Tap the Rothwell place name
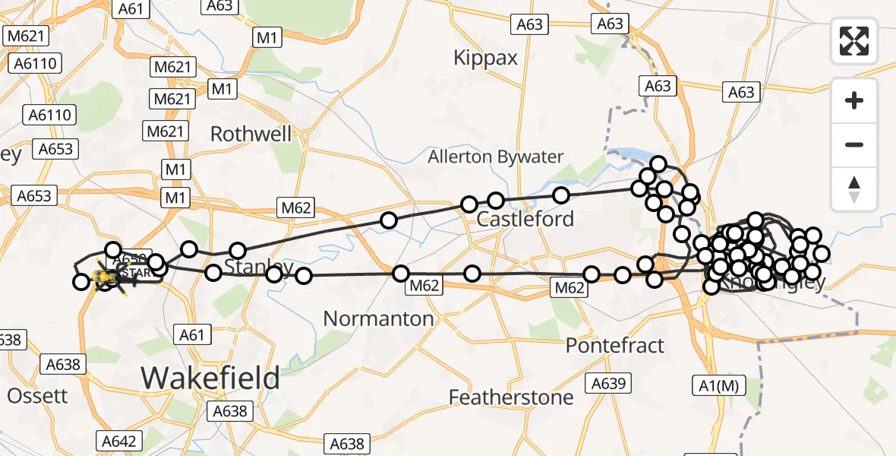click(251, 135)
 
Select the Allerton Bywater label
click(496, 157)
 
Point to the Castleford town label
click(525, 220)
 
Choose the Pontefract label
click(615, 345)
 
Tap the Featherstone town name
click(511, 397)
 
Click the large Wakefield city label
click(210, 377)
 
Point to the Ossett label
click(37, 396)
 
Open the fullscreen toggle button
click(854, 41)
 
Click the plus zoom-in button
click(854, 100)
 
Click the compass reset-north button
click(854, 188)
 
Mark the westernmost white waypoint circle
click(81, 283)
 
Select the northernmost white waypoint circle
click(658, 164)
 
